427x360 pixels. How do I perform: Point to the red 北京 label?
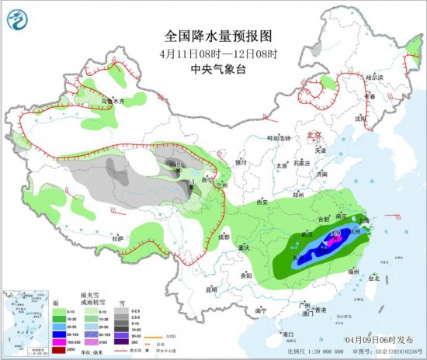[x=314, y=133]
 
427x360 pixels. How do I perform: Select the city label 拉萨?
[x=116, y=238]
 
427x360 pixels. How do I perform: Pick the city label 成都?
[x=224, y=237]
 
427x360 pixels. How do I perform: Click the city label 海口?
[x=289, y=334]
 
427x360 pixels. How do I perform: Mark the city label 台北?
[x=373, y=278]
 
